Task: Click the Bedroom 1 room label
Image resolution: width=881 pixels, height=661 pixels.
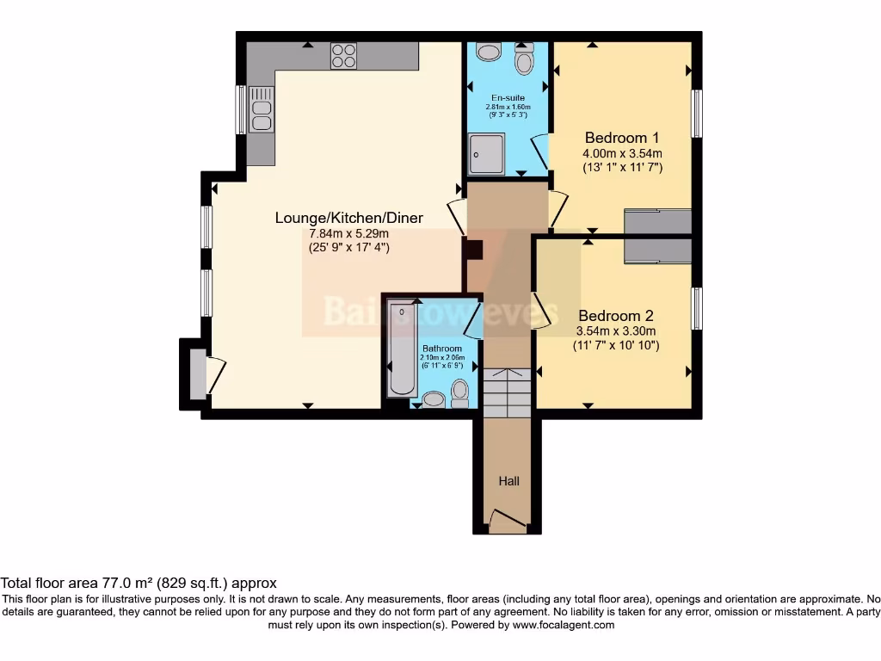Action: click(622, 138)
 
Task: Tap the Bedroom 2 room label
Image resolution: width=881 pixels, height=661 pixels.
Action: click(615, 316)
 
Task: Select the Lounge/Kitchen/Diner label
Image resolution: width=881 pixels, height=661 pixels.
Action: click(348, 218)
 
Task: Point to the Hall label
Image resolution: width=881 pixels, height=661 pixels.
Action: click(508, 481)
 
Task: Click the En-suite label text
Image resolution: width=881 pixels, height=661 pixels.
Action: click(508, 98)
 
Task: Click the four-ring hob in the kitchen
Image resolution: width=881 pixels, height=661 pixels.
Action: click(343, 55)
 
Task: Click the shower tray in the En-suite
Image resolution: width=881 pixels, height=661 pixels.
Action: click(487, 153)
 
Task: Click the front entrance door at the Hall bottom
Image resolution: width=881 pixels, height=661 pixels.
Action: click(508, 518)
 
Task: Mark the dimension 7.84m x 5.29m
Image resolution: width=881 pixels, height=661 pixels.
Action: click(348, 233)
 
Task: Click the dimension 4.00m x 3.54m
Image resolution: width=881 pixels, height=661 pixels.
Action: click(622, 153)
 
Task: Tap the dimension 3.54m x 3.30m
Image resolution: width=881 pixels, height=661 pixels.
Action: click(615, 331)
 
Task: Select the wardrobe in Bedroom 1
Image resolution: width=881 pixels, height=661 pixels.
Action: click(657, 221)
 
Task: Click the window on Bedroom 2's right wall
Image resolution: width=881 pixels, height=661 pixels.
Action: click(698, 308)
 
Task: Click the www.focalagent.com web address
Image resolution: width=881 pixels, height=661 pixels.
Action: click(564, 625)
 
